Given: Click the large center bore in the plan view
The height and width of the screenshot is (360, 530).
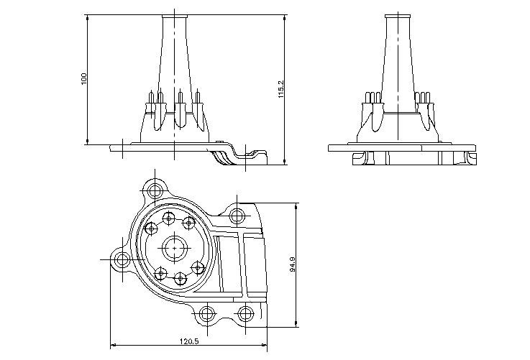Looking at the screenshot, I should point(174,249).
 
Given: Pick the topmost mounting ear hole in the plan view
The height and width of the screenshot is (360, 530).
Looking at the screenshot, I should point(155,191).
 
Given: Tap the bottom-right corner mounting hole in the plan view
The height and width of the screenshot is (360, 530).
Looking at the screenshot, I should point(245,313).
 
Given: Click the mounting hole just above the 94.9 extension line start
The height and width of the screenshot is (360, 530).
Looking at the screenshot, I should point(237,214).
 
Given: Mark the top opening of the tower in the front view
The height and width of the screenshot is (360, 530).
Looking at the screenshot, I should point(175,14).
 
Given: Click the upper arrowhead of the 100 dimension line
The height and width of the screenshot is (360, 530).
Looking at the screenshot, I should point(88,17).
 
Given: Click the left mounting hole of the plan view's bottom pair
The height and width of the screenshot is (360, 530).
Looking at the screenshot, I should point(206,313).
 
